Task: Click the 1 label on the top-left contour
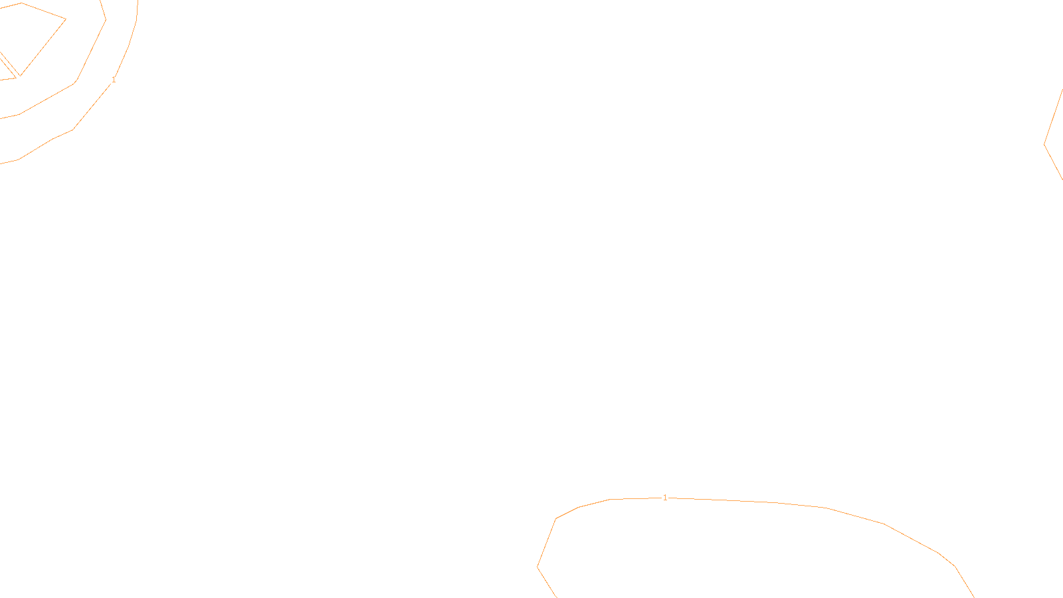[114, 80]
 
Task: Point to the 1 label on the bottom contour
[665, 498]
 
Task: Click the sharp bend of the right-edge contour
[1044, 144]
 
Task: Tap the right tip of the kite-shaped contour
[66, 19]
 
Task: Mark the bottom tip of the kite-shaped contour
[21, 76]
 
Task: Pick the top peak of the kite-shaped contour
[21, 3]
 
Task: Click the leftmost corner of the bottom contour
[537, 567]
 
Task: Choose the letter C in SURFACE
[541, 587]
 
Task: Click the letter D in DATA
[555, 587]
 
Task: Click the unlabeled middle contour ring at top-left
[92, 50]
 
